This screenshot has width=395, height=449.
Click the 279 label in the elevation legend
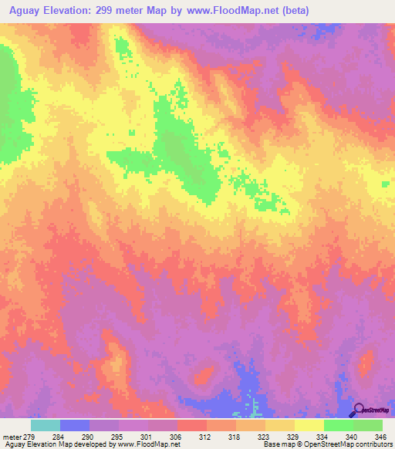30,437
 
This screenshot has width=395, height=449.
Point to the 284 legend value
57,437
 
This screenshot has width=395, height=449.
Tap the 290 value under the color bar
86,437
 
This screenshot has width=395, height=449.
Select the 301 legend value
145,437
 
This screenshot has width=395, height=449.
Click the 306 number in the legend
174,437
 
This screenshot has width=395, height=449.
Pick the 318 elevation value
233,437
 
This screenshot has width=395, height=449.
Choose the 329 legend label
292,437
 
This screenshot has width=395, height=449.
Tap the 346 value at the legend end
380,437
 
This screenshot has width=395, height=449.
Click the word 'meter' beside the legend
12,437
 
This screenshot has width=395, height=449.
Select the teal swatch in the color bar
46,425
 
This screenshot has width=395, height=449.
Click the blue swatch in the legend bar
75,425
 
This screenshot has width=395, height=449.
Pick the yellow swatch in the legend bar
309,425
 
